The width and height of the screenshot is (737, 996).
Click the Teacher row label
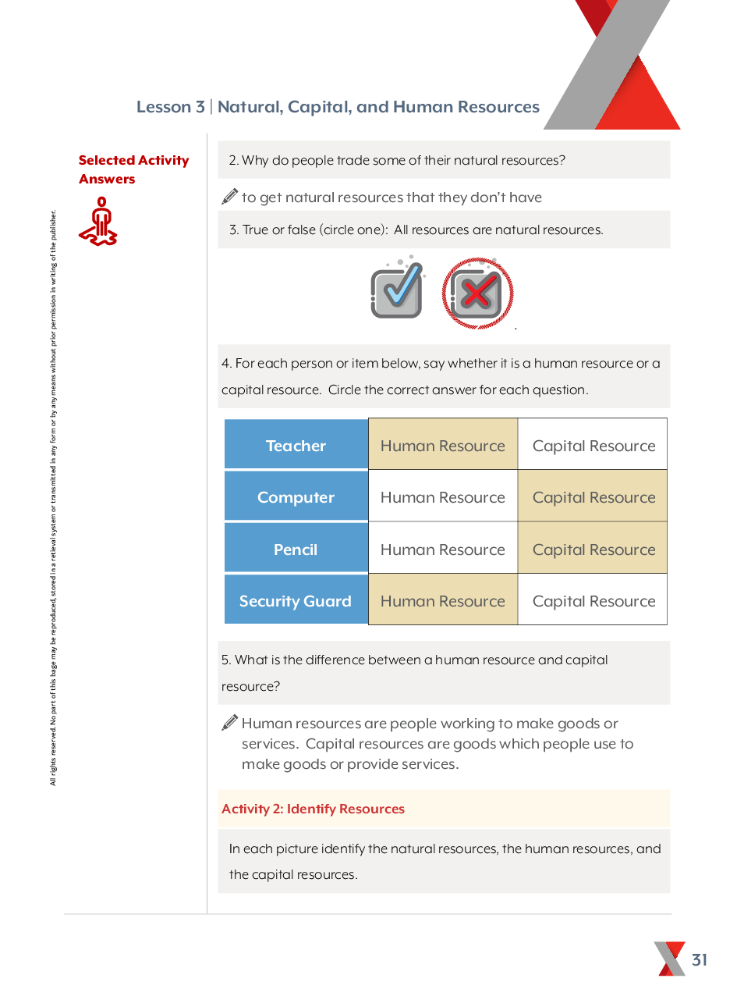coord(296,446)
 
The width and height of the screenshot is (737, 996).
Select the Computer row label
coord(296,497)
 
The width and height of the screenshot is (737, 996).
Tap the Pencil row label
coord(296,550)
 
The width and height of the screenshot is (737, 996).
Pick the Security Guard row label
coord(296,601)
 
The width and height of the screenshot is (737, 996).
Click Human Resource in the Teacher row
coord(443,446)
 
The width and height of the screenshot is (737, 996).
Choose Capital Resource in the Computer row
coord(593,497)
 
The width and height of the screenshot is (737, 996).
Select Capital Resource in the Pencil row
coord(593,550)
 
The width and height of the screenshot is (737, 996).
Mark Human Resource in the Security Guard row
coord(443,601)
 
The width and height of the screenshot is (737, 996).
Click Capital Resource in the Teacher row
coord(593,446)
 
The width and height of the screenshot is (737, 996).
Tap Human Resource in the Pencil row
coord(443,550)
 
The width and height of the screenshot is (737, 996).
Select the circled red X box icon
coord(477,293)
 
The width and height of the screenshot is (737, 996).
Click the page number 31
coord(700,959)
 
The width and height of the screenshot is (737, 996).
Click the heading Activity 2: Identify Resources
coord(313,809)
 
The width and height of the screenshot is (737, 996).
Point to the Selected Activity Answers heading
coord(133,169)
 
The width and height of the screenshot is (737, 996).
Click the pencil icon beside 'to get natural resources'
coord(229,197)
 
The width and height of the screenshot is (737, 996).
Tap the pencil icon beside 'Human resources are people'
coord(229,723)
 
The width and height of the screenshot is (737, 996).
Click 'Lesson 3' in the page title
coord(171,107)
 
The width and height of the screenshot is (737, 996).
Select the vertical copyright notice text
coord(53,500)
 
